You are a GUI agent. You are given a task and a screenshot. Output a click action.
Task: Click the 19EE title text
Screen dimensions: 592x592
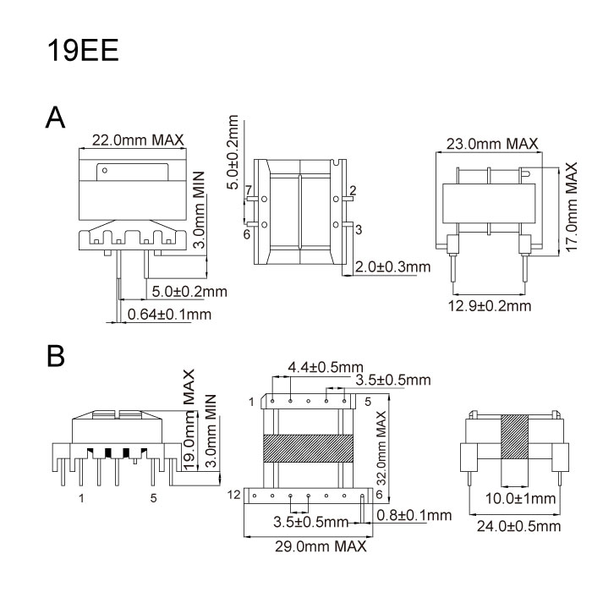coord(83,50)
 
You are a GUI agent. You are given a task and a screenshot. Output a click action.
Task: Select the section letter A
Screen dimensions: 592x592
coord(55,118)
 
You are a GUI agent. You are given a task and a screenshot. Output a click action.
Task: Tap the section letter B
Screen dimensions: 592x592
coord(56,356)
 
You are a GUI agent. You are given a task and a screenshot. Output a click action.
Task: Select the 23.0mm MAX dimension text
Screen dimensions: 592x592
coord(491,144)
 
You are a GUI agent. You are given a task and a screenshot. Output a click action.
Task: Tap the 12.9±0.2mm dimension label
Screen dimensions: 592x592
coord(489,304)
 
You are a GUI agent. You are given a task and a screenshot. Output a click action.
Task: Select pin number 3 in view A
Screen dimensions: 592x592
coord(359,229)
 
